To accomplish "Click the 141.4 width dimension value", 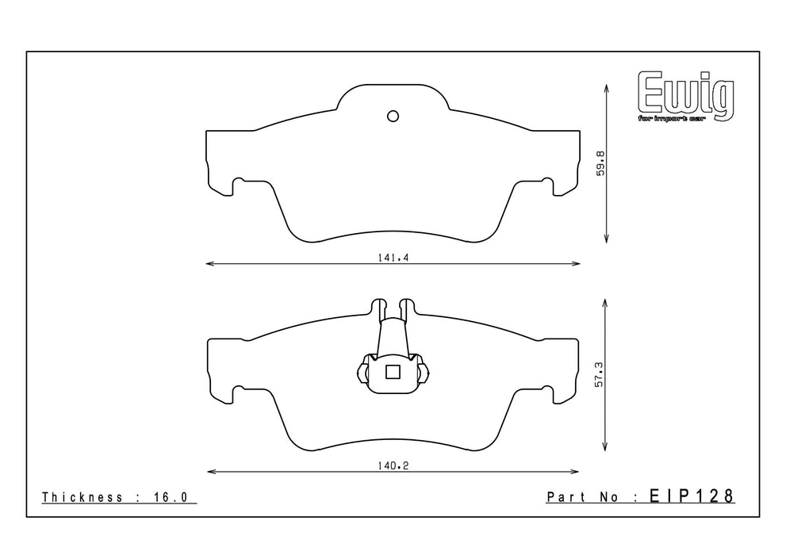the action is coord(393,258).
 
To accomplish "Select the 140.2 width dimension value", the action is coord(393,466).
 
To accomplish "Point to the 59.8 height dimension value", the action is coord(600,163).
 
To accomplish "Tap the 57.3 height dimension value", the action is coord(600,375).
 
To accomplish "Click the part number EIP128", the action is coord(692,496).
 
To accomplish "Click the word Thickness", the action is coord(82,497).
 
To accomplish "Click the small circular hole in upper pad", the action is coord(393,117).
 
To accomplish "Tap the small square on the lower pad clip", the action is coord(393,372).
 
